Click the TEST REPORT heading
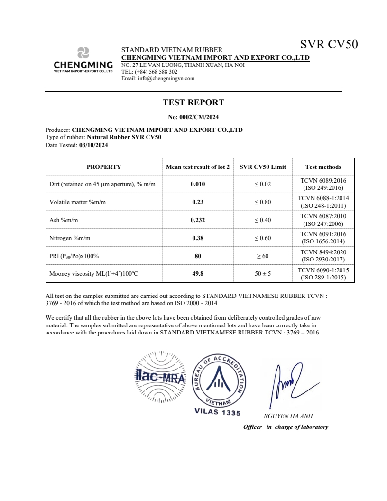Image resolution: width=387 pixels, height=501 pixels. coord(193,102)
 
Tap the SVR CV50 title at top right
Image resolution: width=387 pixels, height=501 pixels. coord(329,45)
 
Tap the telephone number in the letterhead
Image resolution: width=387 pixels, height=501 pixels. coord(156,72)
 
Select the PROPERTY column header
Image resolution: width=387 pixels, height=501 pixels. coord(103,167)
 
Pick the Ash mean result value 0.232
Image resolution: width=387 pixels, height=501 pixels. coord(198,220)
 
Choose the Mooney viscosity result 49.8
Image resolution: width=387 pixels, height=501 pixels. coord(198,274)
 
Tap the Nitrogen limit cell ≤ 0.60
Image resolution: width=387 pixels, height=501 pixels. coord(262,238)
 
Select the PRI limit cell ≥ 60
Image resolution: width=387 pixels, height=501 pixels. coord(262,256)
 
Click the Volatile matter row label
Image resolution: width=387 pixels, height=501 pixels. coord(78,202)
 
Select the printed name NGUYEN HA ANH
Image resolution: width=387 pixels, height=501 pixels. coord(287,417)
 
